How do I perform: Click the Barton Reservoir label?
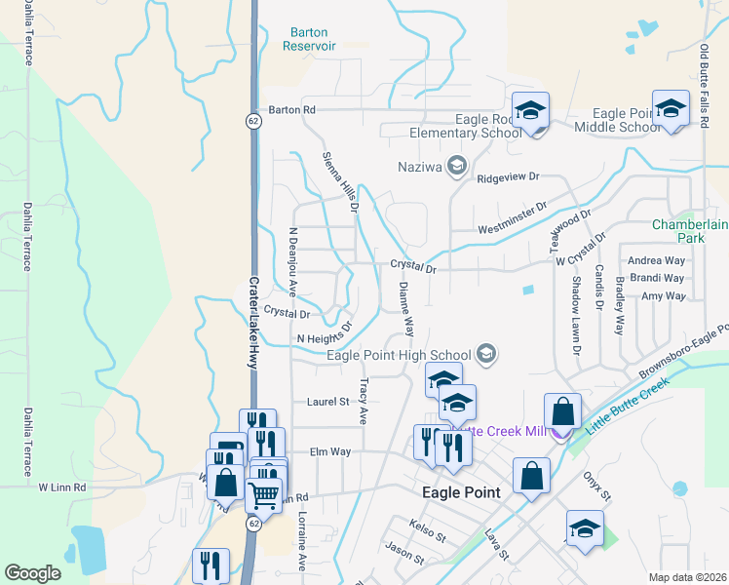click(x=310, y=38)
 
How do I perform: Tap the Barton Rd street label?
click(x=293, y=110)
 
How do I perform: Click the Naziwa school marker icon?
click(x=455, y=167)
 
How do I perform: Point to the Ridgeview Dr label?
click(x=508, y=178)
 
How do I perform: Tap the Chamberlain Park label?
click(x=690, y=231)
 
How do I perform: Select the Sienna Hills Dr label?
click(x=341, y=182)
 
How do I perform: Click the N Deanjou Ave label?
click(x=291, y=262)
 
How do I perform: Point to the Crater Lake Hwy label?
click(x=251, y=323)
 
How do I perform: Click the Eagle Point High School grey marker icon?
click(x=486, y=355)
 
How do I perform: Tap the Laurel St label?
click(x=327, y=401)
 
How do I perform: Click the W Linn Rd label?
click(x=62, y=486)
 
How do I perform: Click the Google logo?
click(x=33, y=573)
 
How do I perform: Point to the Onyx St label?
click(x=597, y=488)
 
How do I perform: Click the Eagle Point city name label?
click(x=461, y=492)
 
